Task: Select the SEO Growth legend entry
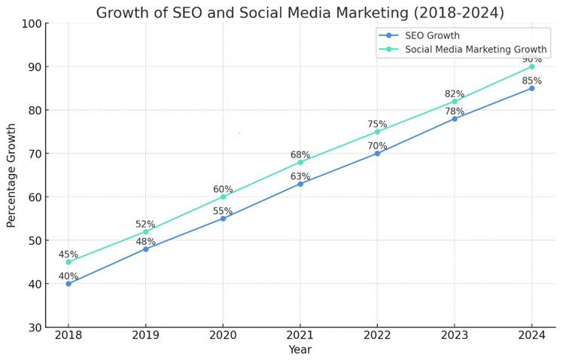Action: (432, 35)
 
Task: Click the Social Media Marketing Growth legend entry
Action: (476, 50)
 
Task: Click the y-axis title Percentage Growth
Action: (11, 175)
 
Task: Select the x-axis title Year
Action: (300, 350)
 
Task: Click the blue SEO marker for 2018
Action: (68, 283)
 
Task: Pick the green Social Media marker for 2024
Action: (531, 66)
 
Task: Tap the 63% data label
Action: (300, 177)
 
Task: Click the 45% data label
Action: (68, 255)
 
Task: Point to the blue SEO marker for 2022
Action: (377, 153)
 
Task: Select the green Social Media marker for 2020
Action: (223, 197)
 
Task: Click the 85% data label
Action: (531, 81)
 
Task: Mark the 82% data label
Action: (454, 94)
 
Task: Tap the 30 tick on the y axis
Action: (33, 328)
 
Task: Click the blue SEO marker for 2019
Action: (145, 249)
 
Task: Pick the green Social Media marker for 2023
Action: (454, 101)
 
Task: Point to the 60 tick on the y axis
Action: (33, 197)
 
